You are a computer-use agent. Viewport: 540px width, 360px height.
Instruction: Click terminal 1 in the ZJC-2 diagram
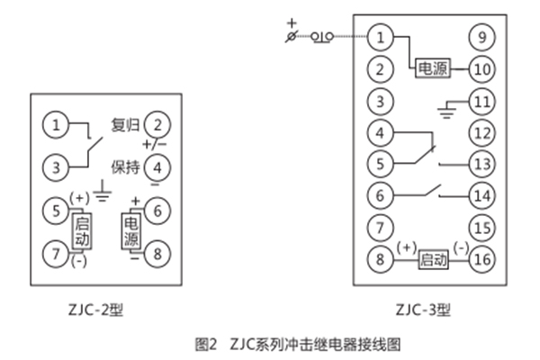click(x=57, y=124)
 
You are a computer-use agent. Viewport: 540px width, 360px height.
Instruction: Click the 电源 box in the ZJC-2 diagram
click(x=131, y=231)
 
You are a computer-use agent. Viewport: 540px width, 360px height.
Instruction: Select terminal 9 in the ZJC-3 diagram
click(x=482, y=38)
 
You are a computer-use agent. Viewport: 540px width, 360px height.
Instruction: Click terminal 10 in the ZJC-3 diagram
click(x=482, y=68)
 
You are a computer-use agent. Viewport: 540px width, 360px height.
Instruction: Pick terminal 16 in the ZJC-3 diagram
click(x=482, y=259)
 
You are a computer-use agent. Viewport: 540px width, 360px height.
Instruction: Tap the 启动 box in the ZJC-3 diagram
click(x=433, y=260)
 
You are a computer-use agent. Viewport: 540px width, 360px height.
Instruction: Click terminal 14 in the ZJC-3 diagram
click(x=482, y=195)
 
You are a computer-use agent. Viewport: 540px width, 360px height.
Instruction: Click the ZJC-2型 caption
click(x=99, y=310)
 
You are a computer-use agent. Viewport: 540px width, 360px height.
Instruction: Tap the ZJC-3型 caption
click(x=424, y=310)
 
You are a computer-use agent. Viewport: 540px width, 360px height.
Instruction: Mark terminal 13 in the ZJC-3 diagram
click(x=482, y=164)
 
